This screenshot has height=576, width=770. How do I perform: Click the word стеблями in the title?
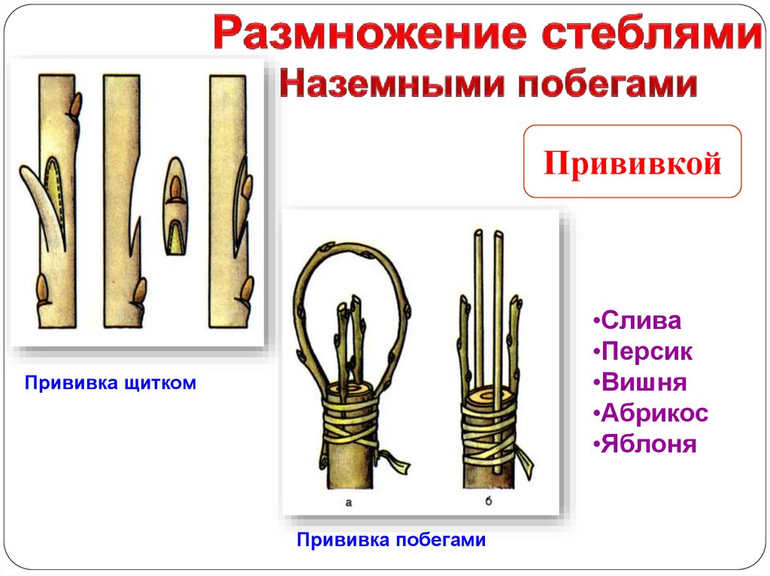point(652,32)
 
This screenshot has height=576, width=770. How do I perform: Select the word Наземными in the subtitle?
point(392,83)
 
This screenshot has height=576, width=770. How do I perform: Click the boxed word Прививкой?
point(632,162)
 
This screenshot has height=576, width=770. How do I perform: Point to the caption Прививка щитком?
point(111,383)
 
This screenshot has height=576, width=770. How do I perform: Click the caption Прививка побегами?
point(391,540)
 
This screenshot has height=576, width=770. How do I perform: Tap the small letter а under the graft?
point(348,502)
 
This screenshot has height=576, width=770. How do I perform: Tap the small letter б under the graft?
point(488,501)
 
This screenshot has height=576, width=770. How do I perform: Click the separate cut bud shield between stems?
point(174,206)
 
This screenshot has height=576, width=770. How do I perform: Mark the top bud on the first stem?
point(76,105)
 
